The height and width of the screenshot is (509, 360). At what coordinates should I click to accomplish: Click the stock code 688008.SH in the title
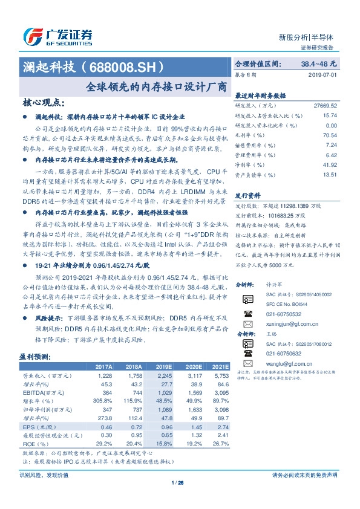coord(130,65)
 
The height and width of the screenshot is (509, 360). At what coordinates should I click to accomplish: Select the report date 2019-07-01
coord(326,75)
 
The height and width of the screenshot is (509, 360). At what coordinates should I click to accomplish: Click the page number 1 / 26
coord(178,482)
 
